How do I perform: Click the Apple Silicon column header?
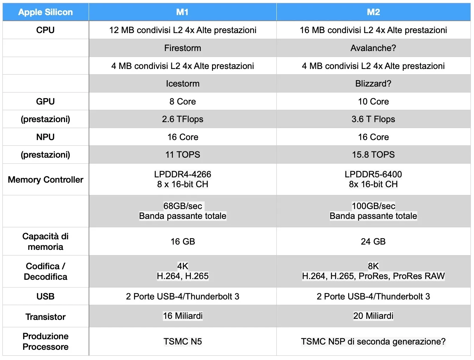click(x=45, y=12)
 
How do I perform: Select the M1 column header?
click(x=182, y=12)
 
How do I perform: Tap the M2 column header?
click(x=373, y=12)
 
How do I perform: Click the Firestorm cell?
click(x=182, y=48)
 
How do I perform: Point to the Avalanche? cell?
click(x=373, y=48)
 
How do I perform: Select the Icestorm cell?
click(x=182, y=84)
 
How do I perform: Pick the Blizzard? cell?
click(x=373, y=84)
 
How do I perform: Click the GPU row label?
click(x=45, y=102)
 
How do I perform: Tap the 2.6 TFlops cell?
click(x=182, y=119)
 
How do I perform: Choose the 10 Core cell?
click(x=373, y=102)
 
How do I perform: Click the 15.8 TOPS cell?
click(x=373, y=155)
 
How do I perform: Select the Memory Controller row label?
click(x=45, y=180)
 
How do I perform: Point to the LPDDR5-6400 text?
click(x=373, y=175)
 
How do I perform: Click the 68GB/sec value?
click(x=182, y=206)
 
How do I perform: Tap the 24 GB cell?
click(x=373, y=242)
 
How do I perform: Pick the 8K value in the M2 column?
click(x=373, y=266)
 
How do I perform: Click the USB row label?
click(x=45, y=297)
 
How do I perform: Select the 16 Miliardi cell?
click(x=182, y=316)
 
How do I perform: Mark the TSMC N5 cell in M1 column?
click(x=182, y=342)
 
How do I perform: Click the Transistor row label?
click(x=45, y=317)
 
